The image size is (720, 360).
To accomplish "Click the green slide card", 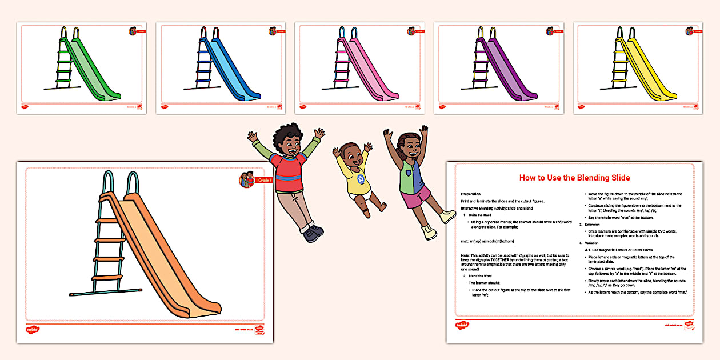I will point(82,67).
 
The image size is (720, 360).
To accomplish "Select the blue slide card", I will point(221,67).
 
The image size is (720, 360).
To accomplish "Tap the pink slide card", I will point(360,67).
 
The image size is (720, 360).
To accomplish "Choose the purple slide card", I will point(499,67).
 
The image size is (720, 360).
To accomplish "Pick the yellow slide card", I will point(638,67).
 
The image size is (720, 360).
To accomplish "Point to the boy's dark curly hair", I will point(290,134).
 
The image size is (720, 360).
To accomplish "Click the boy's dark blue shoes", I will point(311,232).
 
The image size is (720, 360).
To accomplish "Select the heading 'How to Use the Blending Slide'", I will point(574,178).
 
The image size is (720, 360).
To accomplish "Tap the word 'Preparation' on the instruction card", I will point(471,194).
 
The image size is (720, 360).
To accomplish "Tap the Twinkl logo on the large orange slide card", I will point(32,330).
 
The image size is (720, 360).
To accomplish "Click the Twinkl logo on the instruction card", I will point(462,325).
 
